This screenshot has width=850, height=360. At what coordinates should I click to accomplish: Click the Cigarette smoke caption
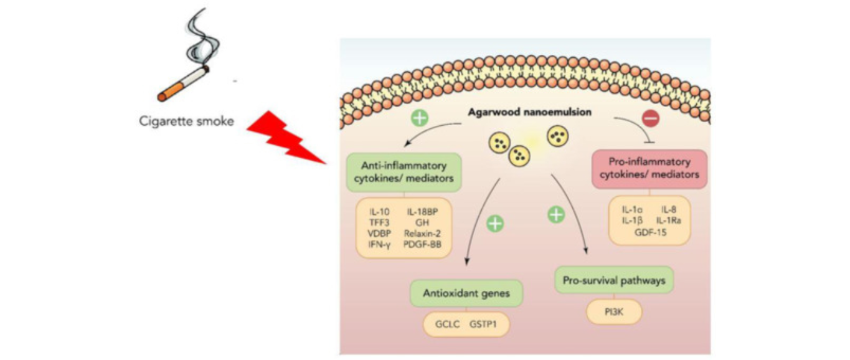[186, 121]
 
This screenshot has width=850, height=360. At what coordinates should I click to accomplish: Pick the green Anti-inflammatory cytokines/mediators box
[404, 173]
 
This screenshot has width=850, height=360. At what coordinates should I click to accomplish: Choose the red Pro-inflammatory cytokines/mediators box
[649, 168]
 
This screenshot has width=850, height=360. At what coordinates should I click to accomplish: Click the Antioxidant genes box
[465, 293]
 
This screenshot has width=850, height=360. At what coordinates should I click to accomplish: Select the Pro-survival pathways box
[614, 280]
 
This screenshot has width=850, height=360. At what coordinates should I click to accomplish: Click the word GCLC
[446, 324]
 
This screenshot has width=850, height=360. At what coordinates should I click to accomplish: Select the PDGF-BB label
[423, 244]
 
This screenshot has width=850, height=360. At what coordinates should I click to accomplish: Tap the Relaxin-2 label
[423, 234]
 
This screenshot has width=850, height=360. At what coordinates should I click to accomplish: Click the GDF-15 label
[649, 230]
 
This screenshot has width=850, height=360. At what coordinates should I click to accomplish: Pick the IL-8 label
[669, 209]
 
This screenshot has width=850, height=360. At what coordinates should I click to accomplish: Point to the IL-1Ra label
[670, 220]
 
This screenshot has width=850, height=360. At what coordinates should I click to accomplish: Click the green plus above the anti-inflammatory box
[420, 118]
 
